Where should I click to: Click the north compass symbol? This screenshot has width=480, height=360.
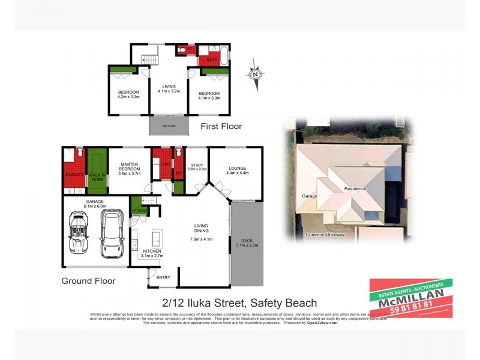click(256, 74)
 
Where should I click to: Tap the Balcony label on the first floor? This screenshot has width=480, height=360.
click(169, 125)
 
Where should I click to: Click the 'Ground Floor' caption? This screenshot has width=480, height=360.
click(89, 280)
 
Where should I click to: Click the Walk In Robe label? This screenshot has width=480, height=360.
click(97, 177)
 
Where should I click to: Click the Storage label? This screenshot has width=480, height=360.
click(140, 211)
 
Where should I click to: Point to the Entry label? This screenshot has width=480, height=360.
click(163, 277)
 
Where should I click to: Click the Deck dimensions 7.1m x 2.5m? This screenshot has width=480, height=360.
click(247, 245)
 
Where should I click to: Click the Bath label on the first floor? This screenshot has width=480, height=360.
click(212, 60)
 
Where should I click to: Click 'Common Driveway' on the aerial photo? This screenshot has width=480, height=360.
click(325, 235)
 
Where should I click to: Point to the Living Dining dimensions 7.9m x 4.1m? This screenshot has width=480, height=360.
click(200, 239)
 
